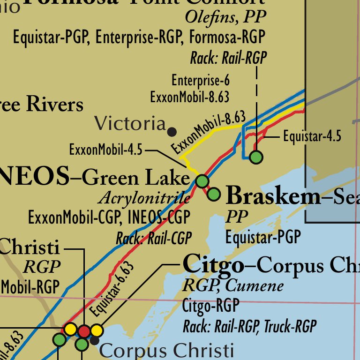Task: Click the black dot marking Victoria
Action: tap(172, 131)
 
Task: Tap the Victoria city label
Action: tap(130, 124)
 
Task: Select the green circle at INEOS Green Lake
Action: tap(202, 180)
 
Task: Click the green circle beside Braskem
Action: tap(214, 194)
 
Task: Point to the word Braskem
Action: tap(273, 196)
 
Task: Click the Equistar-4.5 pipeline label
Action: tap(312, 137)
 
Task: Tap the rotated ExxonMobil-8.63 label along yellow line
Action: tap(209, 132)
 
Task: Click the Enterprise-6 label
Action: tap(200, 80)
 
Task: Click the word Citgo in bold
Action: tap(213, 265)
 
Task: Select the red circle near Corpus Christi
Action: tap(84, 331)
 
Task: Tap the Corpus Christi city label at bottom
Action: tap(166, 351)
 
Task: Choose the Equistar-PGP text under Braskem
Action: tap(262, 237)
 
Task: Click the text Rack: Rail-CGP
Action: tap(154, 238)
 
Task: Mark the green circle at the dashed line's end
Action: tap(256, 157)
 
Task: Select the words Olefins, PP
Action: tap(225, 17)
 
